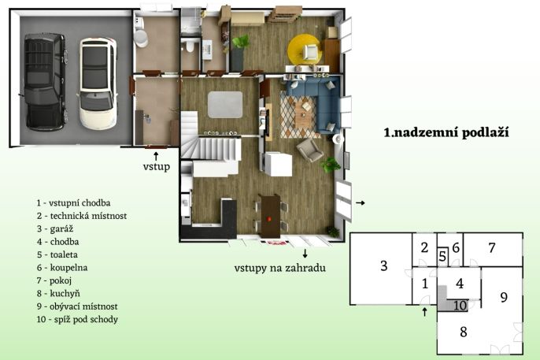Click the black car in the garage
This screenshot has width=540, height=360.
tap(45, 82)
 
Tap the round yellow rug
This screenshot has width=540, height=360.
tap(305, 50)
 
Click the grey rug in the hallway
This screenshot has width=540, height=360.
tap(225, 105)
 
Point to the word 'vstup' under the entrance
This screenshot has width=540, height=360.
tap(157, 167)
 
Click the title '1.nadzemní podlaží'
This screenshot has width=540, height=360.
tap(446, 132)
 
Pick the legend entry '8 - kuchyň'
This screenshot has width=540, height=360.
tap(58, 294)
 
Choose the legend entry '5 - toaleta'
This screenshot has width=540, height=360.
tap(57, 254)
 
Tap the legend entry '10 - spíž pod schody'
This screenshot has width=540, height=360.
tap(77, 319)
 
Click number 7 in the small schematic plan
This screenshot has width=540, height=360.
tap(492, 247)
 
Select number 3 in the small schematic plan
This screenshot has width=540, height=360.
tap(384, 265)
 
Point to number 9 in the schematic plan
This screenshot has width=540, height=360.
tap(504, 297)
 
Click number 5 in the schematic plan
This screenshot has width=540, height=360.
tap(443, 257)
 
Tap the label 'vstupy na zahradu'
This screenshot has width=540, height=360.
tap(280, 268)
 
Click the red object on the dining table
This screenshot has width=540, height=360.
tap(270, 218)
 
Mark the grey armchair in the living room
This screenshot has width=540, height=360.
tap(310, 150)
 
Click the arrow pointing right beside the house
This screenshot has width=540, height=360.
tap(361, 203)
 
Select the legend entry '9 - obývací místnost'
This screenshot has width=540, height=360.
tap(77, 306)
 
